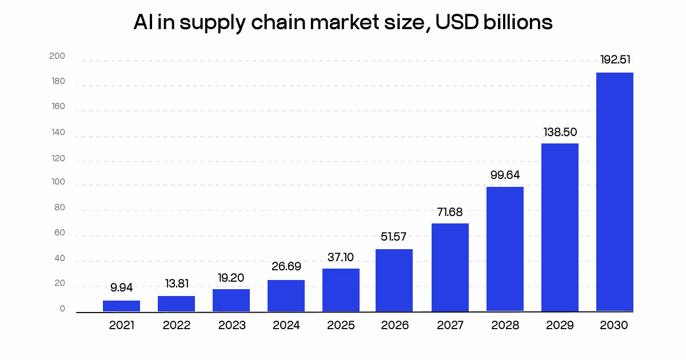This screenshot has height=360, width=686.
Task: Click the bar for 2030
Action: coord(615,192)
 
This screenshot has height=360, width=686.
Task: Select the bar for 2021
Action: coord(121,306)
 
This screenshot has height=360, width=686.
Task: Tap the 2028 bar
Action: coord(505,249)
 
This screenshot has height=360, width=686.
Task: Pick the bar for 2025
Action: coord(341,290)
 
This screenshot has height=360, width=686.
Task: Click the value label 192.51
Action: coord(615,60)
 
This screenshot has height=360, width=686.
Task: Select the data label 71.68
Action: coord(450,211)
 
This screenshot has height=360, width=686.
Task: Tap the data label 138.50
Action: coord(560,132)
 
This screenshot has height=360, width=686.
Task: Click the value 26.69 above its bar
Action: coord(286,267)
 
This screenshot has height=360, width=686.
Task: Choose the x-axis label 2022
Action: coord(176,325)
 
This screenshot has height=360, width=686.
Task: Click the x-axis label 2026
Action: coord(395,325)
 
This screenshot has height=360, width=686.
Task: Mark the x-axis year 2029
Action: coord(560,325)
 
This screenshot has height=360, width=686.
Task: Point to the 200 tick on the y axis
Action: coord(58,57)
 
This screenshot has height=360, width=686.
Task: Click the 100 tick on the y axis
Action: coord(58,183)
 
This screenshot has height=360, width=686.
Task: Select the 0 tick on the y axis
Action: coord(62,309)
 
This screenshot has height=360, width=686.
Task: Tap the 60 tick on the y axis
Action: coord(59,234)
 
